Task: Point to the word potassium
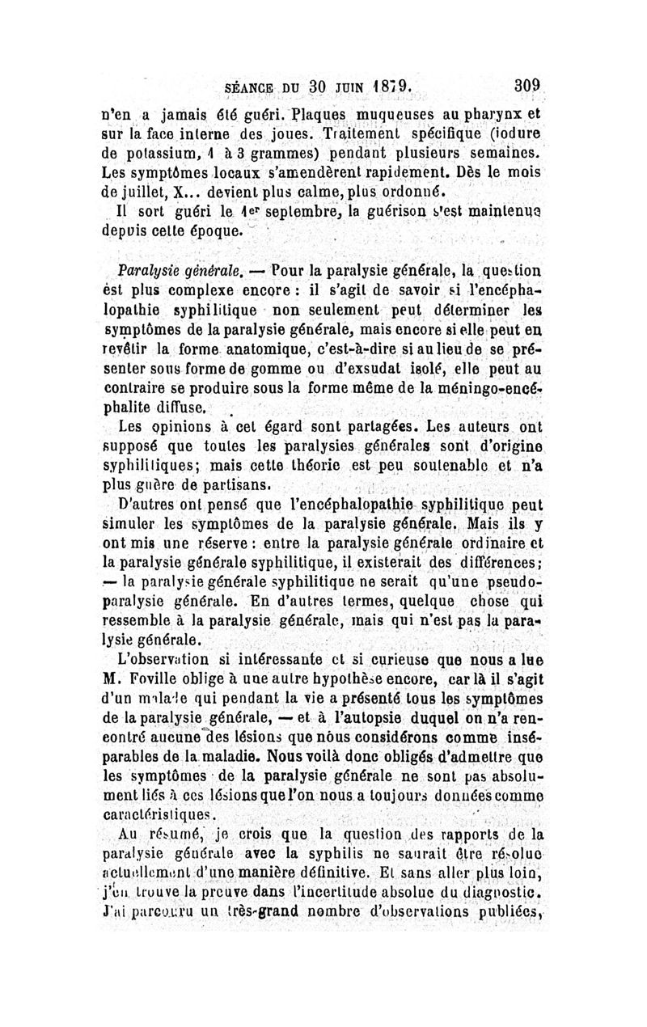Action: pos(163,154)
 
